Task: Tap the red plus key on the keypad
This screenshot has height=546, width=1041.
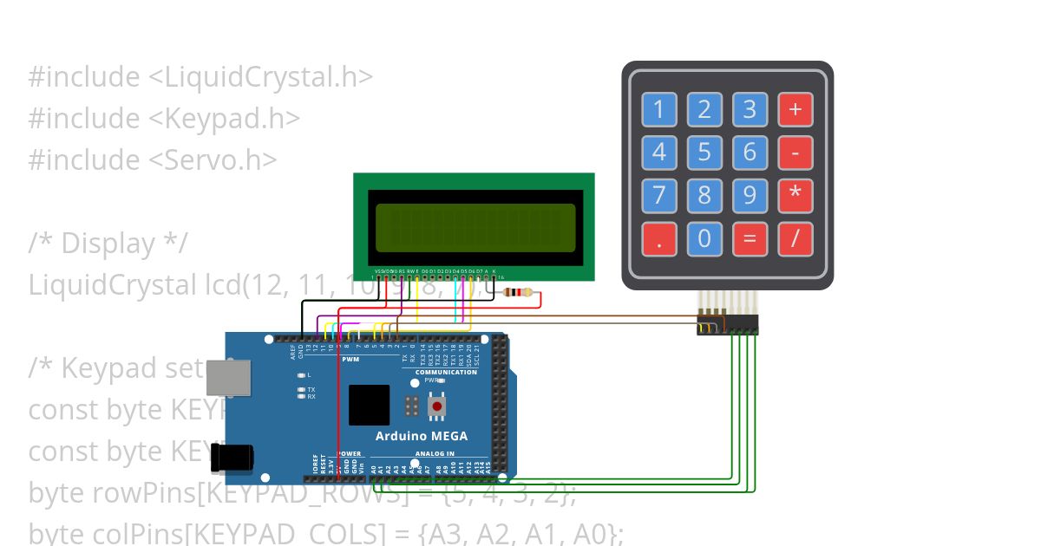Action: [x=795, y=109]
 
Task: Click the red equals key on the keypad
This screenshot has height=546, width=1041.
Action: [x=750, y=238]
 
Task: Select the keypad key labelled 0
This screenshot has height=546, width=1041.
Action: [x=704, y=238]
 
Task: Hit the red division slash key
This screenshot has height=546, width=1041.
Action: [x=795, y=238]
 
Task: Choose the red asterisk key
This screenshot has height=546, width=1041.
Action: [x=795, y=195]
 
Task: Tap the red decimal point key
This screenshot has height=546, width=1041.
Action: [x=659, y=238]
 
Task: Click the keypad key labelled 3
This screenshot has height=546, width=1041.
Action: [x=750, y=109]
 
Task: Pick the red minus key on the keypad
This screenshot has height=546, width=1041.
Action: [x=795, y=153]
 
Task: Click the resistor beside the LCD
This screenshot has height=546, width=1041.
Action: [x=518, y=293]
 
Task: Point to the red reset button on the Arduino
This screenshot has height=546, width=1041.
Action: [x=437, y=406]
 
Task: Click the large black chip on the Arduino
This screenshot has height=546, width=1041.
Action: [x=369, y=405]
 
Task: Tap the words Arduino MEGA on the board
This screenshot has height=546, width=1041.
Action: [x=421, y=436]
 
